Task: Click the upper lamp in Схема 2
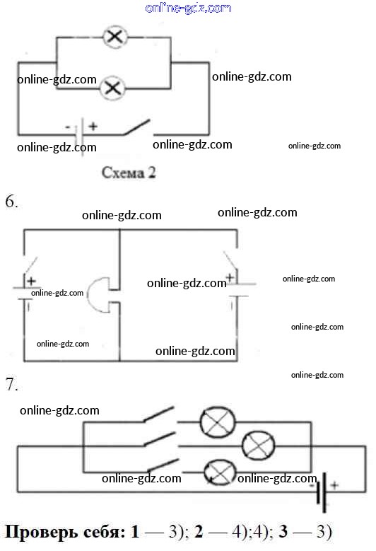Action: pyautogui.click(x=114, y=37)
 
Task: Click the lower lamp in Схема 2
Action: pyautogui.click(x=112, y=88)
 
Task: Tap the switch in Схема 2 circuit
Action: pyautogui.click(x=138, y=127)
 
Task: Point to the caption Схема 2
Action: pyautogui.click(x=129, y=173)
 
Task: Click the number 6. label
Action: pyautogui.click(x=11, y=202)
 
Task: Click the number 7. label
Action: pyautogui.click(x=11, y=385)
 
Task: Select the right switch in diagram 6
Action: pyautogui.click(x=230, y=261)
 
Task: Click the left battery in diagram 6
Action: pyautogui.click(x=24, y=294)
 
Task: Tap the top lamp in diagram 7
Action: pyautogui.click(x=217, y=422)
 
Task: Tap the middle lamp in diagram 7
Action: pyautogui.click(x=259, y=446)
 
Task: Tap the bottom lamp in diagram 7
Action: pyautogui.click(x=220, y=472)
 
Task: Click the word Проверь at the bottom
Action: pyautogui.click(x=42, y=533)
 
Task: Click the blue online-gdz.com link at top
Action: pyautogui.click(x=188, y=8)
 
